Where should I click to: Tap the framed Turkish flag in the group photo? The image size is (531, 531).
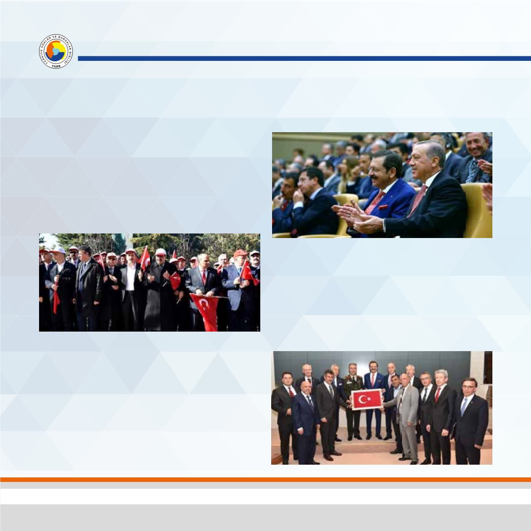coord(368,400)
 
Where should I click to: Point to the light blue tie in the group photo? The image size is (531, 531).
coord(464,407)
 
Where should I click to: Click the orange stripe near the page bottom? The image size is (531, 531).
coord(265,479)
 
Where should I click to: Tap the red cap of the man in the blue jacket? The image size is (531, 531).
coord(240,253)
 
